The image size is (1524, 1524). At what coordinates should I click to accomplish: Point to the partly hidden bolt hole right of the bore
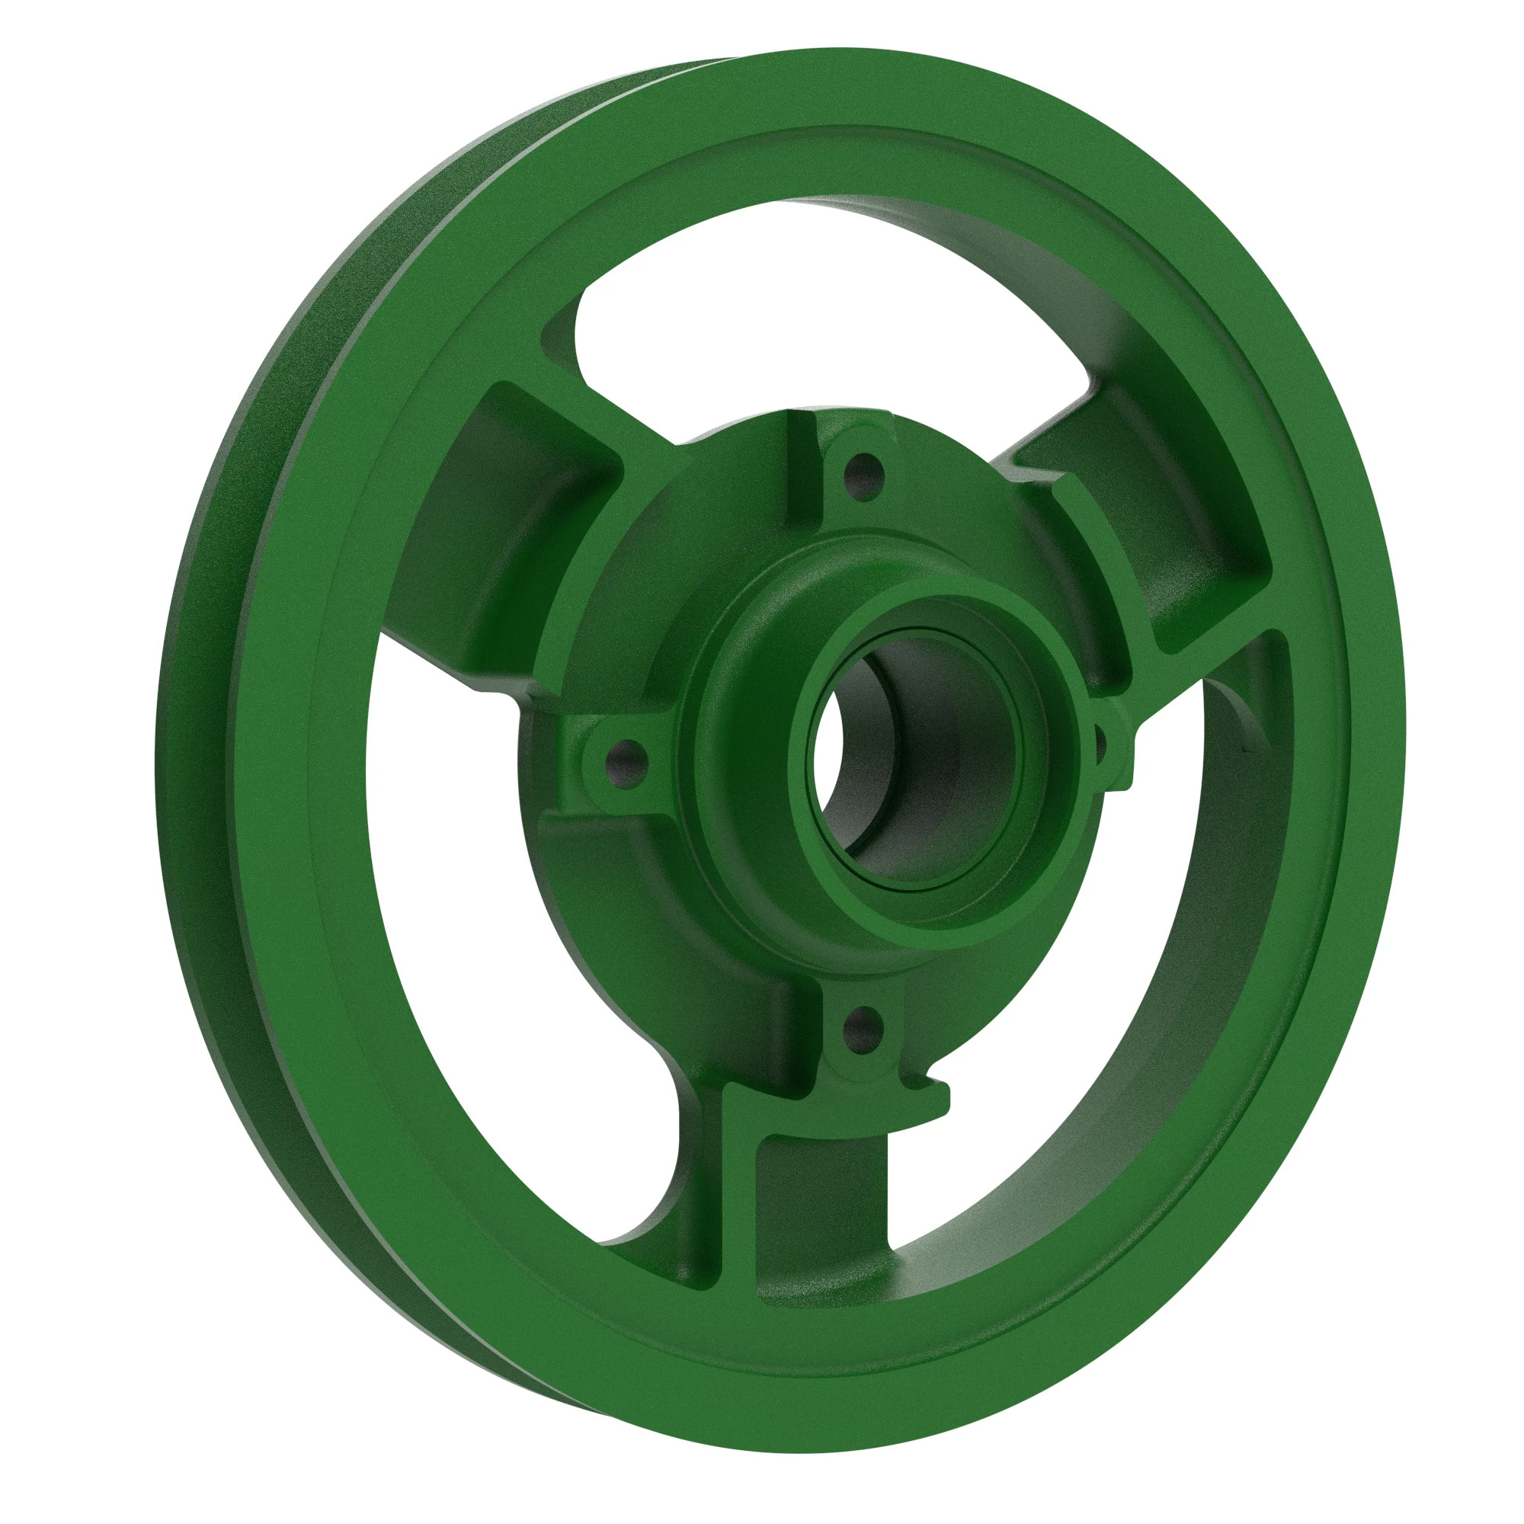[1099, 734]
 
